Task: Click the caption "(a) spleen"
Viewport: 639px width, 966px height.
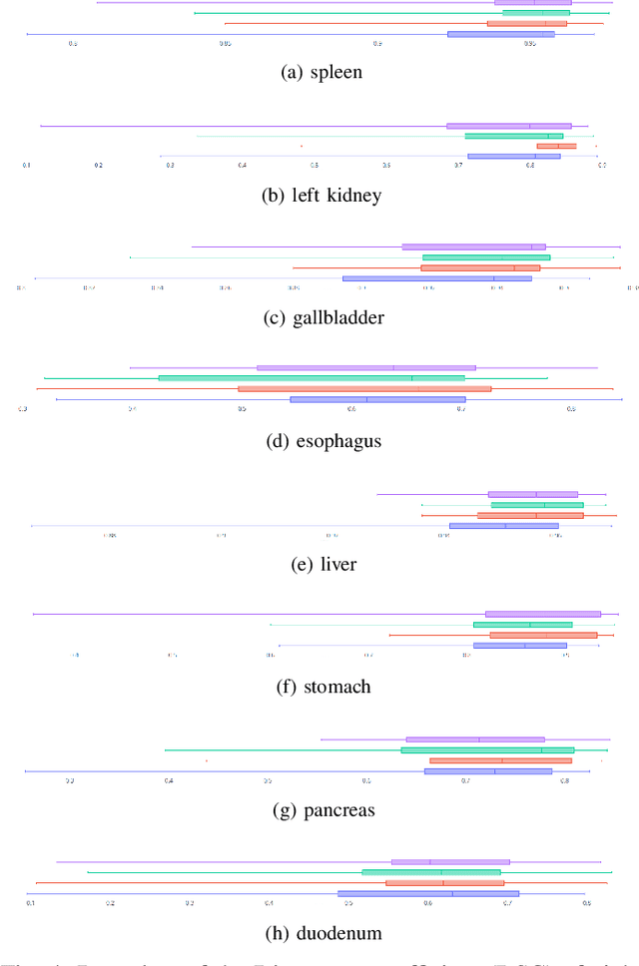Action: tap(320, 72)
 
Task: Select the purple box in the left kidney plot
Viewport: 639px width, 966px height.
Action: tap(508, 126)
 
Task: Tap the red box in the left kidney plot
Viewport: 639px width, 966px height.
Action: tap(556, 146)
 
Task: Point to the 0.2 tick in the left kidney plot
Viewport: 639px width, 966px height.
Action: tap(98, 165)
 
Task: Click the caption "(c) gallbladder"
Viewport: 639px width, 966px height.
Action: tap(321, 317)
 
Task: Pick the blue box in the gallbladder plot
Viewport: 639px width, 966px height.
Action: tap(436, 278)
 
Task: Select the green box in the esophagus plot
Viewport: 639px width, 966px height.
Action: tap(312, 378)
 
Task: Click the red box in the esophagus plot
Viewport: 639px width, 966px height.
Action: tap(364, 388)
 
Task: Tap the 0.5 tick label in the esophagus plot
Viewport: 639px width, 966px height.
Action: tap(241, 408)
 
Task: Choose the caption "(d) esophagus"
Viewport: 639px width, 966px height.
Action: tap(320, 440)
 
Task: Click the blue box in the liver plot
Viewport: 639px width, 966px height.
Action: tap(503, 525)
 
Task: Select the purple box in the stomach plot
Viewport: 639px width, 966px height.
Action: tap(542, 614)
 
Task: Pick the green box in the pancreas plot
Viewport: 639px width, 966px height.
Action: tap(487, 749)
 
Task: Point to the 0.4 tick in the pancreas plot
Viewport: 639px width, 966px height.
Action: tap(168, 780)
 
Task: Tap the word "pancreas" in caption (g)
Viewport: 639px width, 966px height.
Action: tap(336, 810)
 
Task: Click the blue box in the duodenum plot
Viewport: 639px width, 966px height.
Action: tap(428, 893)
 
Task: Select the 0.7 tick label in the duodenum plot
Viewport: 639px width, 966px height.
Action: tap(506, 903)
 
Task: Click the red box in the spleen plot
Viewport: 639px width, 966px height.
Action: tap(526, 23)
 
